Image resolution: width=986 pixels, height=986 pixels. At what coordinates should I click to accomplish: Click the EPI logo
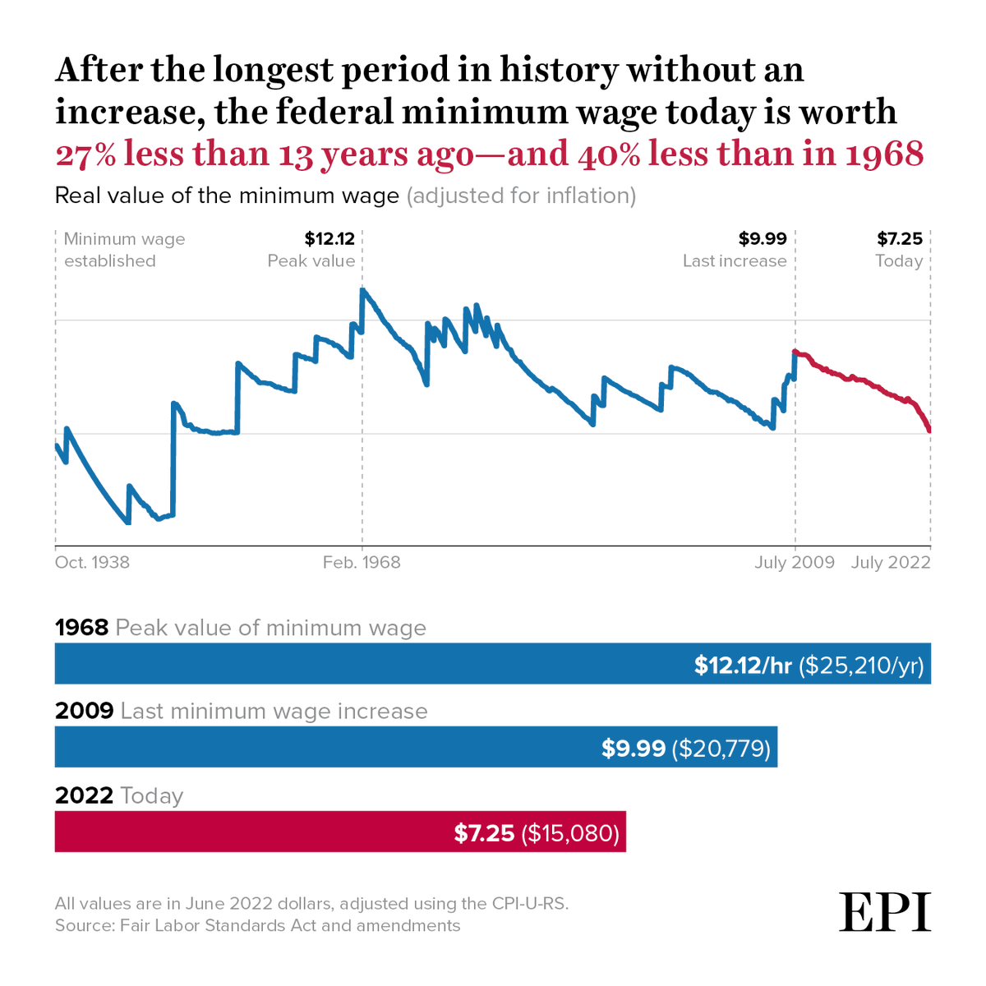[885, 911]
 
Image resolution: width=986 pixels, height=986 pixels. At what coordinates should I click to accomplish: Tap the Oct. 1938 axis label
[92, 563]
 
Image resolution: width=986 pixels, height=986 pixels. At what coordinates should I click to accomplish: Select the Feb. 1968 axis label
[362, 563]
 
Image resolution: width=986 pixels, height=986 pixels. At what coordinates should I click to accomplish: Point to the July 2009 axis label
[795, 563]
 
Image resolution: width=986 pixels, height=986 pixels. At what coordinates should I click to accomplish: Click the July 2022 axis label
[891, 563]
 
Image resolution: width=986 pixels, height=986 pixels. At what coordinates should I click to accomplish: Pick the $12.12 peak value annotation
[329, 239]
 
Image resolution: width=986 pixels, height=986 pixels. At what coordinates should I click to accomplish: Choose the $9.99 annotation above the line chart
[762, 239]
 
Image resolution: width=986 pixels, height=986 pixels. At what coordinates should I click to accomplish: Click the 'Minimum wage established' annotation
[124, 250]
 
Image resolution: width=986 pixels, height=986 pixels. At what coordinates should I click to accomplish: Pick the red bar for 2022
[246, 832]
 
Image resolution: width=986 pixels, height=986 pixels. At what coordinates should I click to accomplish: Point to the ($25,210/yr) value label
[861, 665]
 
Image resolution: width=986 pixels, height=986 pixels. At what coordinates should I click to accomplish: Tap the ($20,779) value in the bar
[721, 749]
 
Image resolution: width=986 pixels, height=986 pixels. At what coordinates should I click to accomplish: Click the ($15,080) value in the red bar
[570, 833]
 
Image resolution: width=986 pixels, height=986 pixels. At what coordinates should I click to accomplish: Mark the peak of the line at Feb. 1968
[362, 290]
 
